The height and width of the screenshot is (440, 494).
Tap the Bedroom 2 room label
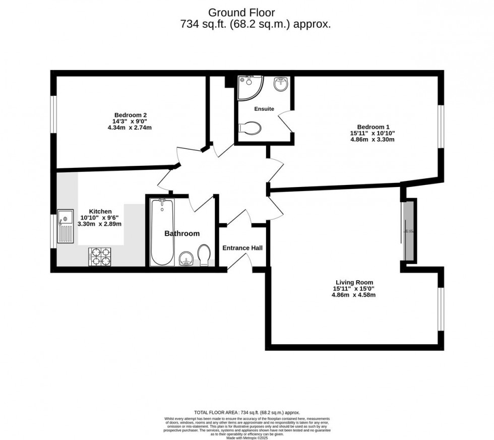(x=130, y=114)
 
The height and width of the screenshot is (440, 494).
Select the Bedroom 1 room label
(x=373, y=127)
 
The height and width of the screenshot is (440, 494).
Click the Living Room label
(x=354, y=282)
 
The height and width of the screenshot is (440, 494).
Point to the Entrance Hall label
(x=242, y=248)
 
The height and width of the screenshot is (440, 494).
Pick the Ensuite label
(x=264, y=108)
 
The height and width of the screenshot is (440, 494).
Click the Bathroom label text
(x=182, y=233)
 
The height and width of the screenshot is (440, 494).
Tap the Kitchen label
(x=100, y=211)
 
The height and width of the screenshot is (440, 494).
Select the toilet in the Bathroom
(x=204, y=255)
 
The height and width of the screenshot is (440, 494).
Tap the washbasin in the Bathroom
(x=187, y=260)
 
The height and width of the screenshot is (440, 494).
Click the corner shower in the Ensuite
(x=249, y=86)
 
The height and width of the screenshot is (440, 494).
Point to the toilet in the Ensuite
(x=251, y=129)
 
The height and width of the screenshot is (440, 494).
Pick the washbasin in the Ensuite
(x=280, y=84)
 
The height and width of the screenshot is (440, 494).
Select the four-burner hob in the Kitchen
(x=100, y=256)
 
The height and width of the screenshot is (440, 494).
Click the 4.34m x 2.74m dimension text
(x=130, y=128)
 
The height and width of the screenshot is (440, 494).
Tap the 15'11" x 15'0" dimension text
(x=353, y=289)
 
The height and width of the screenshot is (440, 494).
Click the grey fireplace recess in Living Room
(x=409, y=230)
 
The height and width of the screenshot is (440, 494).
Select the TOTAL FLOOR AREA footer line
(x=246, y=412)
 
